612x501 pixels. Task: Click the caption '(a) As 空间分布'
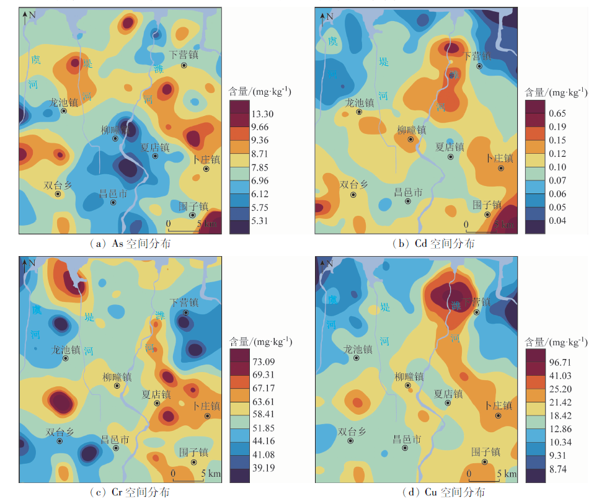pyautogui.click(x=130, y=244)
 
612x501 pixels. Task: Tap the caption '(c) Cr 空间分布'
pyautogui.click(x=129, y=492)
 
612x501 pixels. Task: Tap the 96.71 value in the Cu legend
pyautogui.click(x=559, y=361)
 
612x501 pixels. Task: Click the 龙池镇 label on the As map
pyautogui.click(x=65, y=102)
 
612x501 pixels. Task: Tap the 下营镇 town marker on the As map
pyautogui.click(x=184, y=65)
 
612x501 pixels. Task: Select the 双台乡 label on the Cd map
pyautogui.click(x=353, y=184)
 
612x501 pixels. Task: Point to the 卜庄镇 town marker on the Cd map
pyautogui.click(x=501, y=169)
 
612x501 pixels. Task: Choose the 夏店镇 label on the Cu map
pyautogui.click(x=448, y=393)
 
